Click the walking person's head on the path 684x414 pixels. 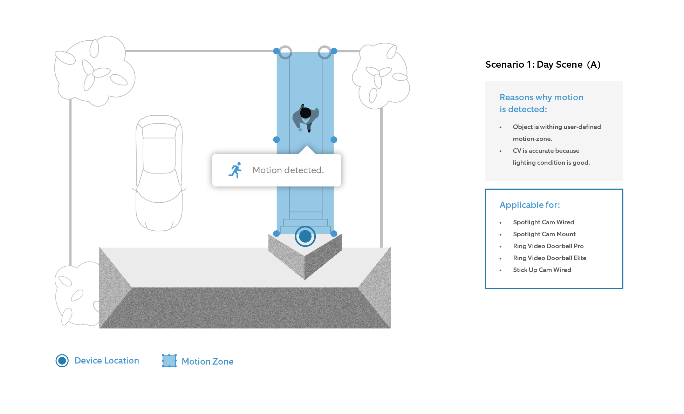pos(306,113)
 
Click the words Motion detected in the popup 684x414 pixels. pos(288,170)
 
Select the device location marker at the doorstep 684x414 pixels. pos(305,236)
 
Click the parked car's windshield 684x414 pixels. pos(159,131)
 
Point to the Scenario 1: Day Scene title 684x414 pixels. pos(542,65)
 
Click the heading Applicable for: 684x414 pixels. pos(529,205)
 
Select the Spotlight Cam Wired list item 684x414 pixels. pos(543,222)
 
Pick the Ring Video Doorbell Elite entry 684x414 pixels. pos(549,258)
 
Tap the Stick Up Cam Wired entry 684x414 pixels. pos(542,270)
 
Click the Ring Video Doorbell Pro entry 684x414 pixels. pos(548,246)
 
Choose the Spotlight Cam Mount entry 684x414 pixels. pos(544,234)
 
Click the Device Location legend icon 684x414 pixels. pos(62,360)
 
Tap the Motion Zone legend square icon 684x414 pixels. pos(169,361)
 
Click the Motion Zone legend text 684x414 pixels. pos(207,361)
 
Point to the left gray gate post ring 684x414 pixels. pos(285,52)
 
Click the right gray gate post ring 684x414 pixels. pos(324,52)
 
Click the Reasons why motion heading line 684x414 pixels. pos(541,97)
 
